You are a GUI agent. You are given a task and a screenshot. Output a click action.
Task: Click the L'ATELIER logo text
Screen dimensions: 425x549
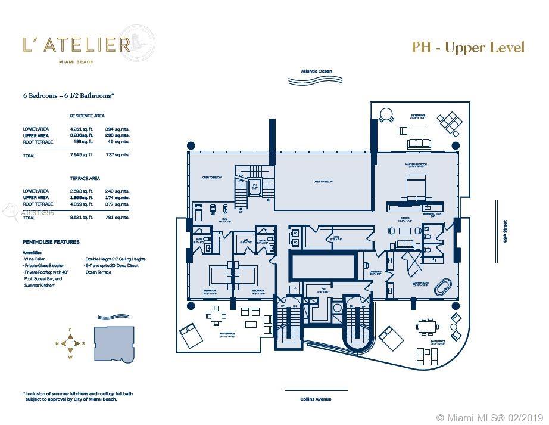coord(76,44)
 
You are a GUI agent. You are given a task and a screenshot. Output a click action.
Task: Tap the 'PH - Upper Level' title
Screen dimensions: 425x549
coord(468,48)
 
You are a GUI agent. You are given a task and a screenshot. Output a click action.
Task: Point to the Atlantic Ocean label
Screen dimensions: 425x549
coord(316,72)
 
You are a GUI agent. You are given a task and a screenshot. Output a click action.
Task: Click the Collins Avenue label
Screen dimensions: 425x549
coord(316,399)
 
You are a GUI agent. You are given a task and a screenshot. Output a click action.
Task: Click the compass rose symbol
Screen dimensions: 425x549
coord(70,343)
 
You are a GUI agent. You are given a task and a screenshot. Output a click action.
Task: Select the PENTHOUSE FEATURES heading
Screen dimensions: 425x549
coord(51,242)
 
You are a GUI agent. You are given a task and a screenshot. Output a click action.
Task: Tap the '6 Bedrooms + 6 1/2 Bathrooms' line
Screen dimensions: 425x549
coord(68,95)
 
